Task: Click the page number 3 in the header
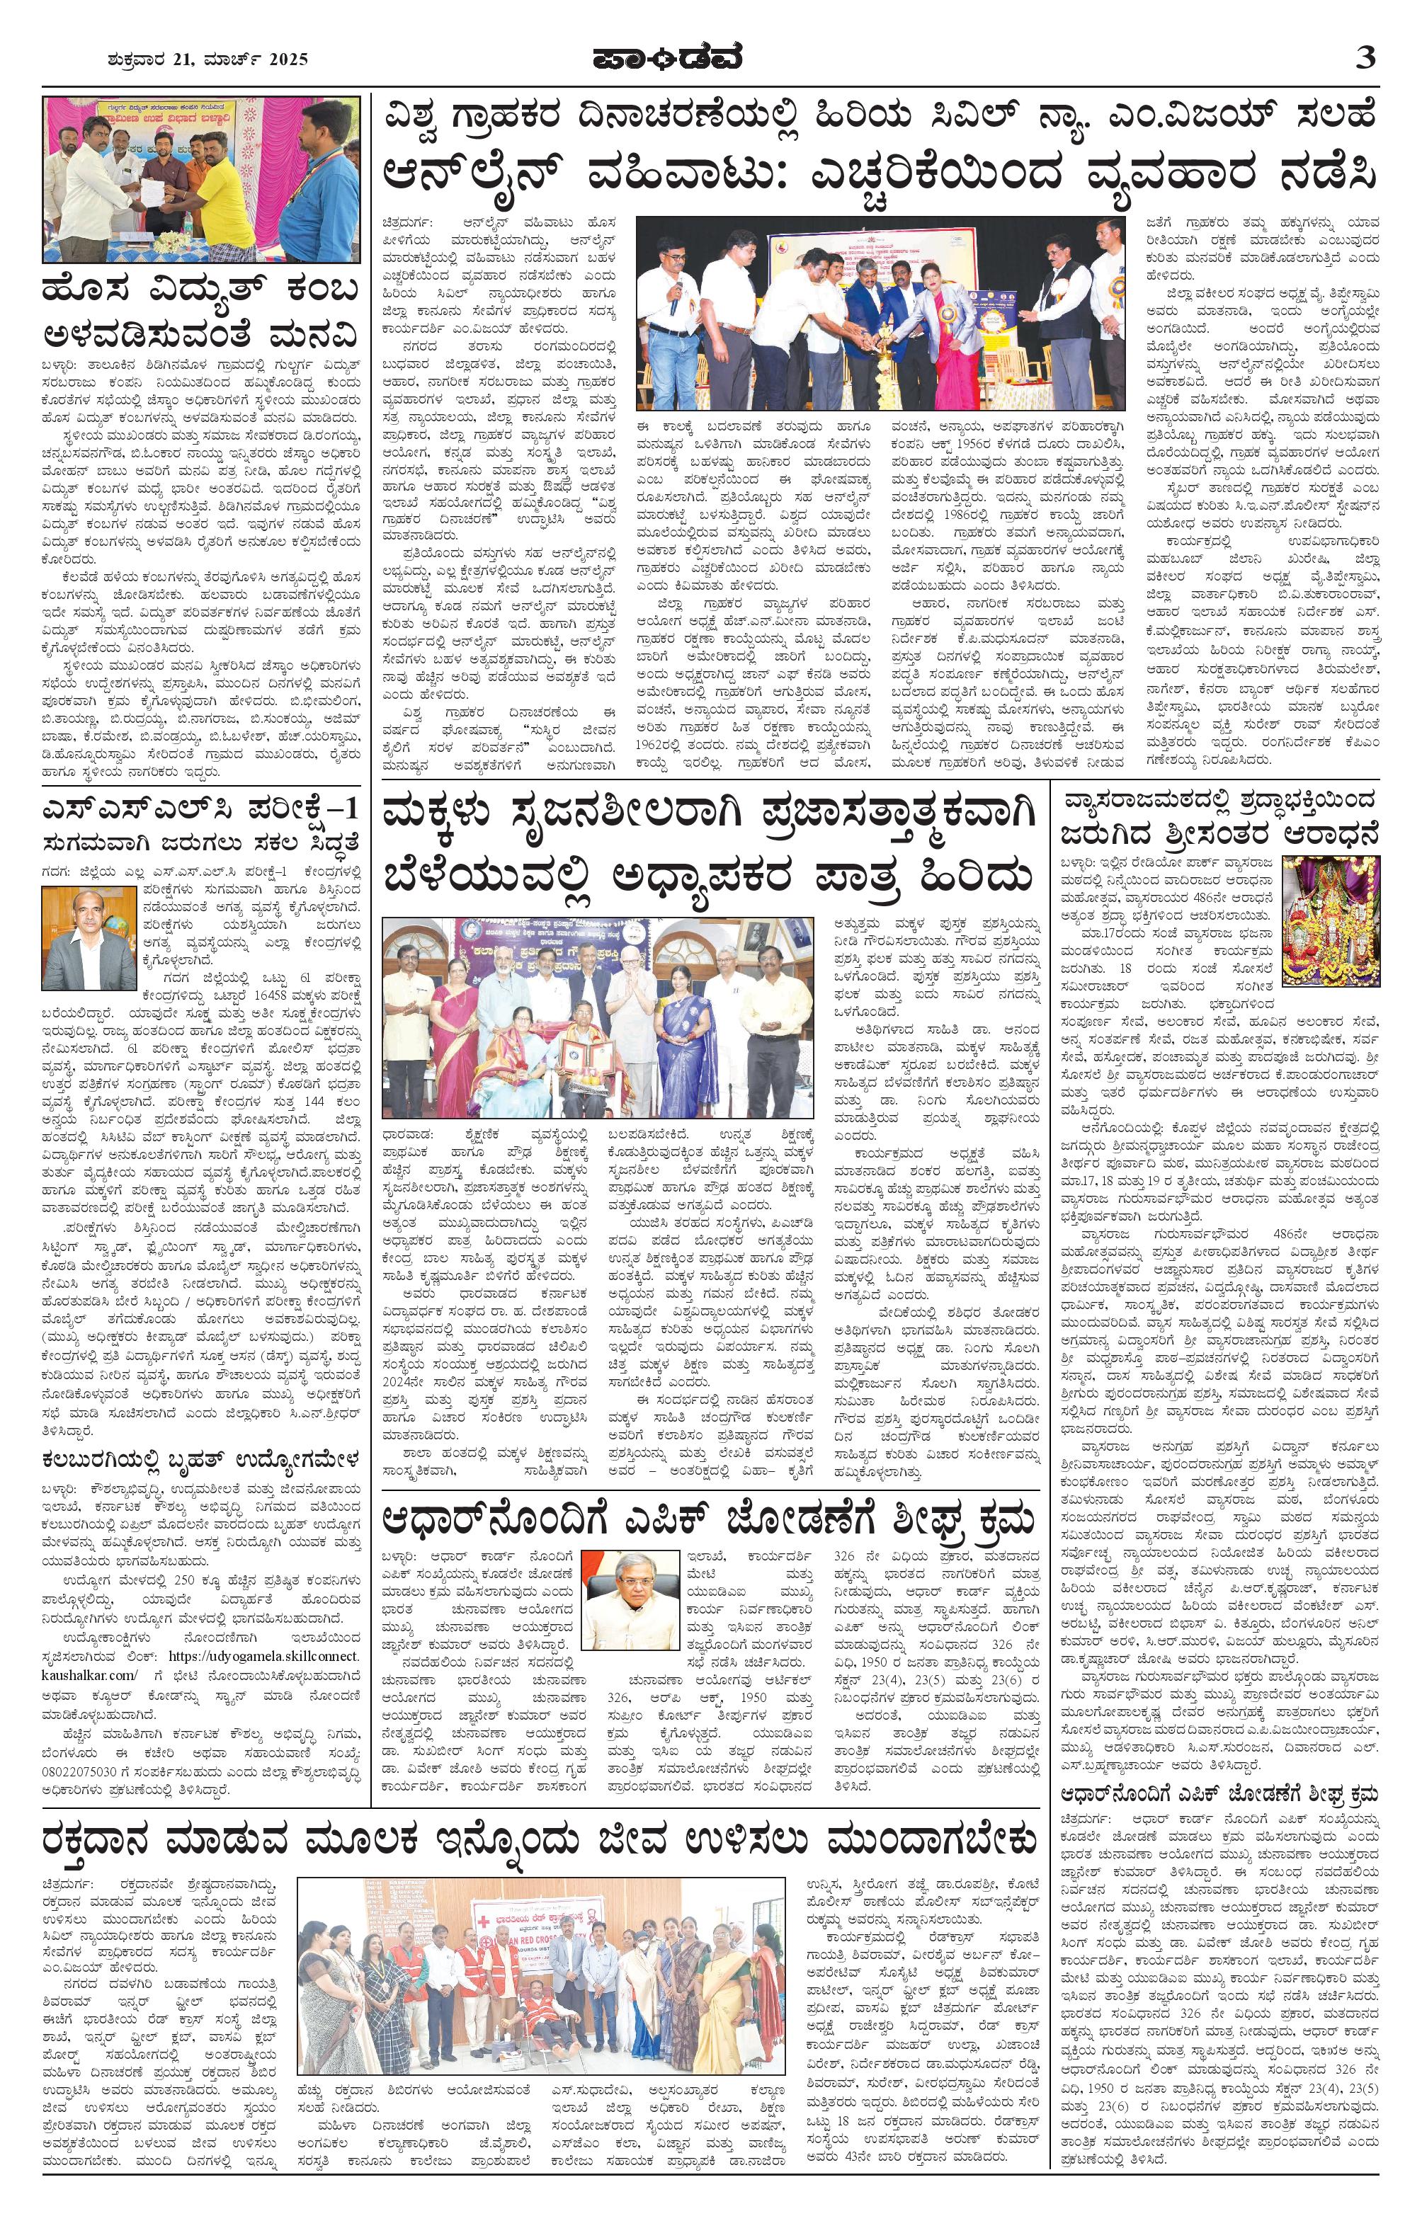1365,58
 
